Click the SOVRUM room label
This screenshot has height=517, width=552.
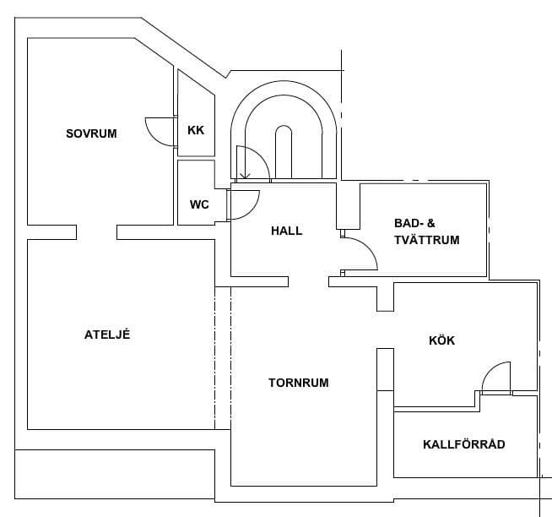click(91, 133)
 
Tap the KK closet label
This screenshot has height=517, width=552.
click(196, 130)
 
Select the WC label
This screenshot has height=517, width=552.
click(199, 204)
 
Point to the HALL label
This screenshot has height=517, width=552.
click(287, 231)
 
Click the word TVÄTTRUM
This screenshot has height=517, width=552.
click(427, 240)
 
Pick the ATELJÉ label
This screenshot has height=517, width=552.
click(107, 334)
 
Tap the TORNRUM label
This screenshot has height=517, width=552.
click(299, 383)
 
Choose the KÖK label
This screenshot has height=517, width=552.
click(441, 340)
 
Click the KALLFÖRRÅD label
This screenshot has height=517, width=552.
click(464, 444)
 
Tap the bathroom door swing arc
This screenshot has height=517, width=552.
click(368, 247)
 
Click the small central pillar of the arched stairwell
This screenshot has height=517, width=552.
click(284, 151)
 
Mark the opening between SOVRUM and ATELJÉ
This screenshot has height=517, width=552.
click(96, 232)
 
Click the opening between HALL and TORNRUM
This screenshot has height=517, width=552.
click(308, 281)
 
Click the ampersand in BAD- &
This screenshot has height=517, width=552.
click(430, 223)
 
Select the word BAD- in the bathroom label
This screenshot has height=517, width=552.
click(409, 223)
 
